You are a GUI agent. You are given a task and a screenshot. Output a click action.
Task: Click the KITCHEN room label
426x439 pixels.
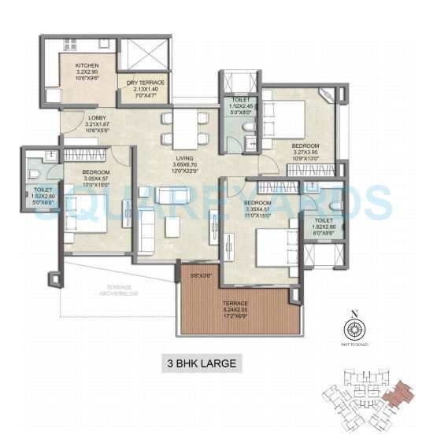(87, 65)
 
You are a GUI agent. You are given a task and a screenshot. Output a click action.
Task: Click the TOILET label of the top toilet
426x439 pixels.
(239, 101)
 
